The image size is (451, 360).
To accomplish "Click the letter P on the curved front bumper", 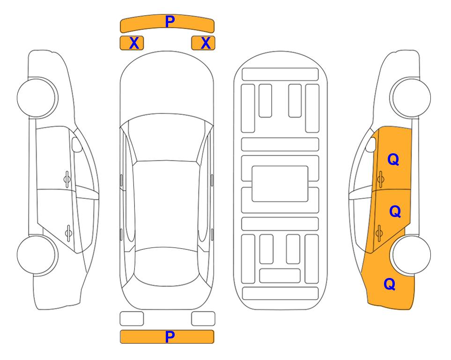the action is tap(170, 21).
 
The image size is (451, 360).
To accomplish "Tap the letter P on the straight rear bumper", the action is tap(170, 337).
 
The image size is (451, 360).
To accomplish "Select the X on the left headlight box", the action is tap(134, 43).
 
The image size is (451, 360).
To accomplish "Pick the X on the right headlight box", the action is tap(206, 43).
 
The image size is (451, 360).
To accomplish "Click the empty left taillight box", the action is tap(132, 319).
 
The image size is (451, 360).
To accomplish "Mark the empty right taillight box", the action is tap(203, 319).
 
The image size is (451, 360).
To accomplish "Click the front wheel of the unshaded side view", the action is tap(37, 98).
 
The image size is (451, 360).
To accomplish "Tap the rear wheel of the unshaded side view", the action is tap(37, 255).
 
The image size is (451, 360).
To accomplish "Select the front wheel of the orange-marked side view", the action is tap(410, 97).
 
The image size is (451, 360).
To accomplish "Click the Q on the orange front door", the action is tap(393, 159).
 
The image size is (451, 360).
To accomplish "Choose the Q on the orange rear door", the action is tap(395, 211).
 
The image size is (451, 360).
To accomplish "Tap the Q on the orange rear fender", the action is tap(390, 284).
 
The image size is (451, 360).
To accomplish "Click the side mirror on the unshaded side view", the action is tap(76, 144).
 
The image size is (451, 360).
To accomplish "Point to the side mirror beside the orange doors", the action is tap(371, 144).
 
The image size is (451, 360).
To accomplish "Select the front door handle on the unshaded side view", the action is tap(67, 180).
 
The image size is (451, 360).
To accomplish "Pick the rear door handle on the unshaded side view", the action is tap(68, 232).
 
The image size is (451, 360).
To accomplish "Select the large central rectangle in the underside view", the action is tap(280, 184).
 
